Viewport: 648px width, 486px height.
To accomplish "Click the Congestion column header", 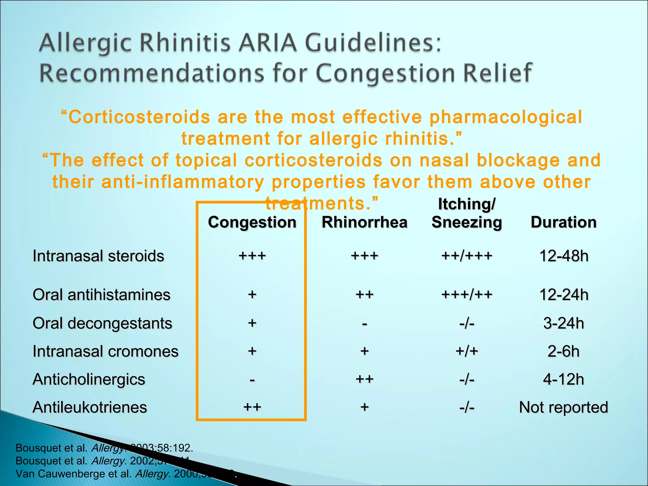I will click(252, 222).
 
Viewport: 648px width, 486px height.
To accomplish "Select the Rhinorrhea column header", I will click(364, 222).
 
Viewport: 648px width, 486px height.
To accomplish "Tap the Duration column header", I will click(564, 222).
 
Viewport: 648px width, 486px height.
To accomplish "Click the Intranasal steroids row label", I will click(98, 256).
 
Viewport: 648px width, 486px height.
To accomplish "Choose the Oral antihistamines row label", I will click(102, 295).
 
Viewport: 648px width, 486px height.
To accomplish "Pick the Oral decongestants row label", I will click(103, 323).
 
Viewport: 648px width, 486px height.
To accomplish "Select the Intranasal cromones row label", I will click(106, 352).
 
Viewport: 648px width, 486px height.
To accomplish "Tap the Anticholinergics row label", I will click(89, 379).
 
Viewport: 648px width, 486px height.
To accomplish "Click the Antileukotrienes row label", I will click(90, 407).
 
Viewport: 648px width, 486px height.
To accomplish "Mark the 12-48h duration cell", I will click(564, 256).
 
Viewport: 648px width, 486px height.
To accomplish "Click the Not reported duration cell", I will click(564, 407).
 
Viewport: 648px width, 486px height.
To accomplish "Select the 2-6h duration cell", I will click(564, 352).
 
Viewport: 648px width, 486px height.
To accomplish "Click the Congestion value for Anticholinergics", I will click(252, 380).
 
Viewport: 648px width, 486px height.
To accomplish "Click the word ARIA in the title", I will click(268, 43).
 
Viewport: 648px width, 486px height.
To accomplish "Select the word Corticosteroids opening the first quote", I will click(139, 117).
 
